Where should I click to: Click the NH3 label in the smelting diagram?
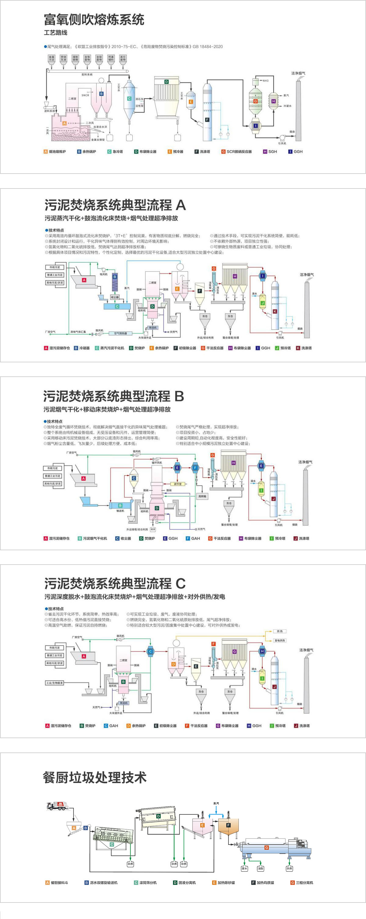(265, 81)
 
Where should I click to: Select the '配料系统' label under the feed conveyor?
(87, 74)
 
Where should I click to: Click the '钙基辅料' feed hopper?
(111, 58)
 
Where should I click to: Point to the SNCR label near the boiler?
(85, 95)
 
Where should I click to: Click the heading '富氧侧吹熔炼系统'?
(94, 20)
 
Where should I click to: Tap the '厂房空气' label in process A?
(50, 332)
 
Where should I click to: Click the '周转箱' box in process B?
(202, 496)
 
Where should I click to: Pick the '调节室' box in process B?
(178, 484)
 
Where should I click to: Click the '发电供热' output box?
(280, 641)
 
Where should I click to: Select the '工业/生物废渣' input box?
(54, 683)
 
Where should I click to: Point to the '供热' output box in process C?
(280, 631)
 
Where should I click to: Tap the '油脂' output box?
(260, 868)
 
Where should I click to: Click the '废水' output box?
(244, 868)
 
